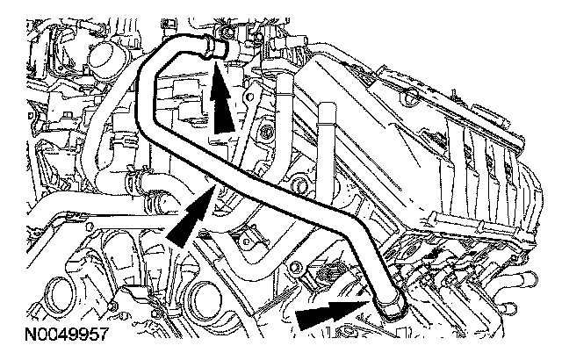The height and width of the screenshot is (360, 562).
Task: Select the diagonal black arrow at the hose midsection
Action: (x=189, y=214)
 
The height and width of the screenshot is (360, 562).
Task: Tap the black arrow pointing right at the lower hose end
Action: (x=329, y=313)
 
